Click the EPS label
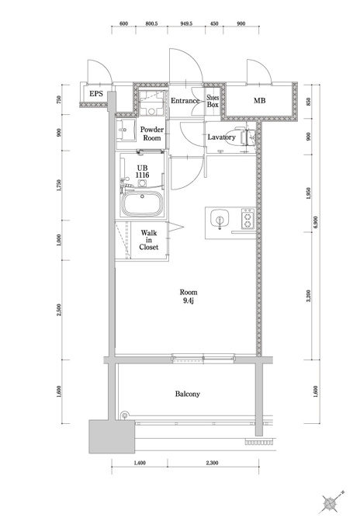(x=96, y=94)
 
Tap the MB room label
(x=259, y=100)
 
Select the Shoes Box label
(x=213, y=101)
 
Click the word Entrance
(x=185, y=101)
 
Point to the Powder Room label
(x=152, y=134)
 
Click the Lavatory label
(x=221, y=137)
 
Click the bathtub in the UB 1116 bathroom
(x=143, y=203)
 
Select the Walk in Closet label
(x=149, y=240)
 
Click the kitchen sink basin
(x=220, y=218)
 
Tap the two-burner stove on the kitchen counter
(x=247, y=219)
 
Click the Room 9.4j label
(x=189, y=297)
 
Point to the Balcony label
(x=188, y=394)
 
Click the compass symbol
(x=330, y=504)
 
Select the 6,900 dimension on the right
(x=315, y=222)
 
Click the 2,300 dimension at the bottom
(x=213, y=463)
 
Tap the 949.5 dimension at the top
(x=186, y=24)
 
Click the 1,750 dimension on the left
(x=59, y=186)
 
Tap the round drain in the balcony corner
(x=125, y=415)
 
